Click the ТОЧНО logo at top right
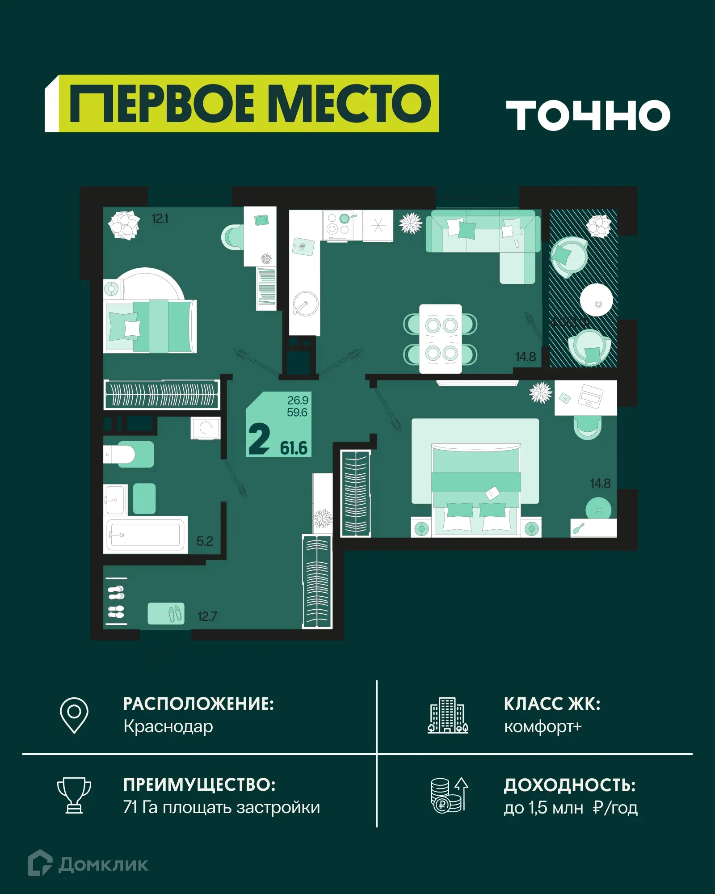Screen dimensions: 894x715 click(x=588, y=115)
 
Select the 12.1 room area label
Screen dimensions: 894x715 click(x=160, y=219)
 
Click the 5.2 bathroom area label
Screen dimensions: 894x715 click(x=205, y=541)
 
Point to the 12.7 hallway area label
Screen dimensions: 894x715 click(x=207, y=616)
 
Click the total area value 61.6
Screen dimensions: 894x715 click(x=294, y=448)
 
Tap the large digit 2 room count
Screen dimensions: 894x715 click(x=259, y=439)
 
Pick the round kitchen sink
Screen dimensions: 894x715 click(x=306, y=304)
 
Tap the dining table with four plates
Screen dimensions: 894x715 click(x=441, y=338)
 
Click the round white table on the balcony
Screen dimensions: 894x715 click(x=596, y=300)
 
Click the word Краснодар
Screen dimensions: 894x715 click(x=168, y=726)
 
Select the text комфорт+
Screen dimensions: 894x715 click(x=543, y=727)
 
